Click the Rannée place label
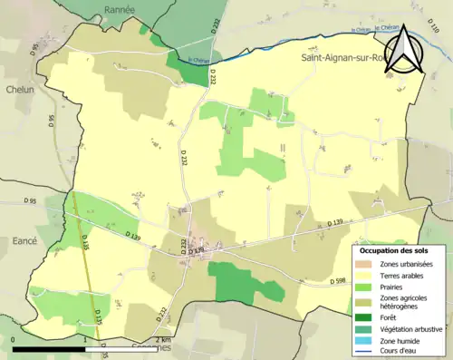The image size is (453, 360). [119, 9]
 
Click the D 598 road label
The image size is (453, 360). [338, 281]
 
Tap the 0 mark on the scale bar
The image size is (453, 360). [14, 339]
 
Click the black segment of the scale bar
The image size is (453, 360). [50, 348]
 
